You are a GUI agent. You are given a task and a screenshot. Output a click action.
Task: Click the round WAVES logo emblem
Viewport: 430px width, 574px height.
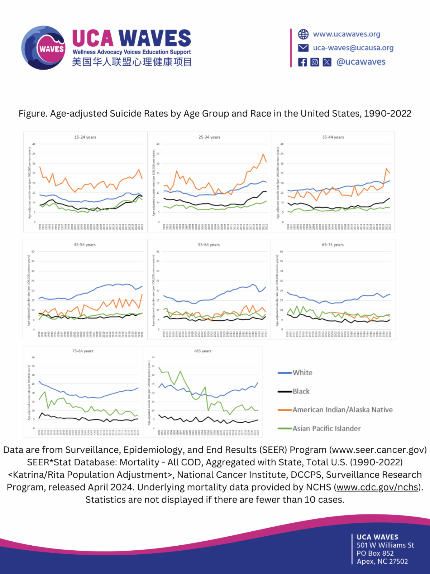click(43, 48)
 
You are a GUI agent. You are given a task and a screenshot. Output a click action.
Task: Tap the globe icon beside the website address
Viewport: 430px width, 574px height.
click(303, 34)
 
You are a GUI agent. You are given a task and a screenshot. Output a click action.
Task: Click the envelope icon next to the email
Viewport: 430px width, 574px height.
click(303, 48)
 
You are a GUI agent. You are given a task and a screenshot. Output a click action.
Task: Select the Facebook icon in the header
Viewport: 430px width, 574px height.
click(303, 62)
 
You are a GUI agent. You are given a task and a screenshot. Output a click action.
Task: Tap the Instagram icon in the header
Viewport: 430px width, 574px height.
click(315, 62)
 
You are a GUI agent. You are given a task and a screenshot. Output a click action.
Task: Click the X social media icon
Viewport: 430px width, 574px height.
click(327, 62)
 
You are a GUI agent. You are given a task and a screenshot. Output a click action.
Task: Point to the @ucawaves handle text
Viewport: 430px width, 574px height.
click(361, 62)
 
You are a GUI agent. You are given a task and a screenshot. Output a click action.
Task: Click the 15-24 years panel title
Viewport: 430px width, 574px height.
click(85, 137)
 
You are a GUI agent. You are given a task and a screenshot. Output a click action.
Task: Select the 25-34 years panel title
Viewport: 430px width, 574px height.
click(209, 137)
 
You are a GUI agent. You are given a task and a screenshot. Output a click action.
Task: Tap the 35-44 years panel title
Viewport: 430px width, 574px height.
click(333, 137)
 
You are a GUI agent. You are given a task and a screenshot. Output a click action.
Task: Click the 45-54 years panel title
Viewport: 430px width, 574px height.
click(85, 245)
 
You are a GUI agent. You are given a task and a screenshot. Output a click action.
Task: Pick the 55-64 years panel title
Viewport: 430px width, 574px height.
click(209, 245)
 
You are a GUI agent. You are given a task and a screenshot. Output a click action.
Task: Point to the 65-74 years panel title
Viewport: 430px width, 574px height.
click(333, 245)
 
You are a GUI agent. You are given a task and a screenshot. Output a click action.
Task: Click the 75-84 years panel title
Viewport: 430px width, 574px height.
click(83, 351)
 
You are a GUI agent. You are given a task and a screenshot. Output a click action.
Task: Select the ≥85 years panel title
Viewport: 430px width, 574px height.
click(202, 351)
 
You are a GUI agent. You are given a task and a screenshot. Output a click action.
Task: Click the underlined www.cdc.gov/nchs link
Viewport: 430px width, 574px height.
click(377, 487)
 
